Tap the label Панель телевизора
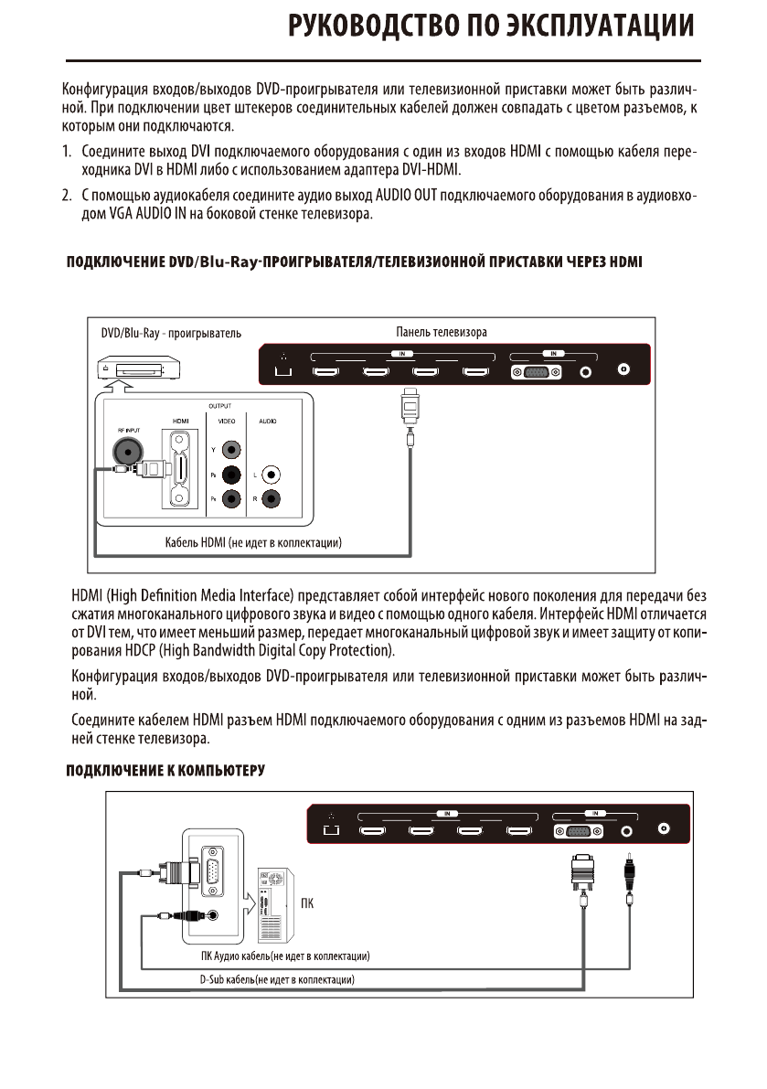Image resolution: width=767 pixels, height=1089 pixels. tap(434, 333)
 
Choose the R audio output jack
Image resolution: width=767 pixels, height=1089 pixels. tap(271, 499)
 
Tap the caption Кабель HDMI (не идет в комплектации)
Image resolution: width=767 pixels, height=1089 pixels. tap(253, 544)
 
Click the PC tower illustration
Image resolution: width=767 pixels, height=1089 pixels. tap(273, 906)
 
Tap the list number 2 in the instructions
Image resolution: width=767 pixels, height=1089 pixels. tap(67, 195)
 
